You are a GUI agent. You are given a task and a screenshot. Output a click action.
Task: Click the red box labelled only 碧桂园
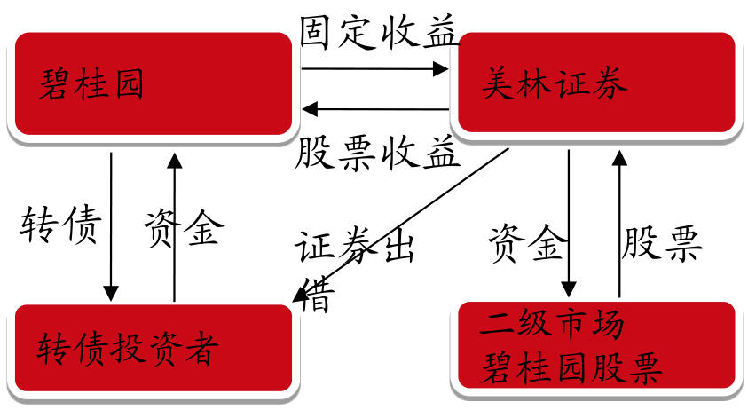pos(151,85)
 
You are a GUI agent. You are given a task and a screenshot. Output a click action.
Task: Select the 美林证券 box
pos(594,84)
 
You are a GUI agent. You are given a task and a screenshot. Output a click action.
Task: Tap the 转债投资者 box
pos(151,347)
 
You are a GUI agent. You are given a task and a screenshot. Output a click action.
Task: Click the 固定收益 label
pos(378,34)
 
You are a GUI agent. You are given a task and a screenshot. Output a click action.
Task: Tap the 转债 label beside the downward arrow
pos(60,228)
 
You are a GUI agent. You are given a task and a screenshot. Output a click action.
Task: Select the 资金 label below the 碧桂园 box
pos(184,228)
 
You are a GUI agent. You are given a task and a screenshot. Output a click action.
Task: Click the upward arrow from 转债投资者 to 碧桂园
pos(175,226)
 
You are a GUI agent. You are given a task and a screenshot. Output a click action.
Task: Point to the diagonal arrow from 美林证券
pos(399,225)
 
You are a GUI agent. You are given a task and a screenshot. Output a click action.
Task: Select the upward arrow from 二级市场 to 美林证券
pos(618,222)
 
